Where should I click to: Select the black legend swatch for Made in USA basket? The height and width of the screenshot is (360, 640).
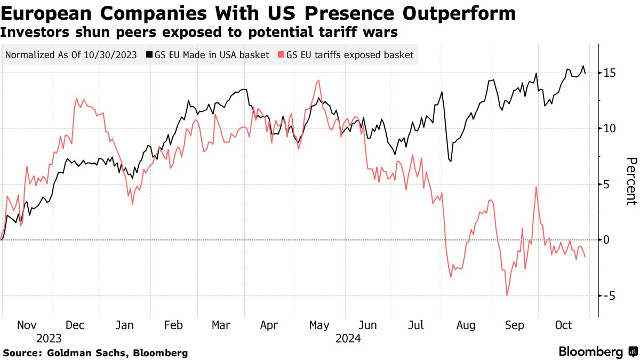point(150,55)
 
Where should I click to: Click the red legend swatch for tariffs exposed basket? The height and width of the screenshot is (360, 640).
point(281,55)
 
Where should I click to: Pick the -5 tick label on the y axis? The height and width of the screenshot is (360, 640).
point(609,296)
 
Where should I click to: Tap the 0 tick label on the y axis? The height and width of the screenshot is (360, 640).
point(606,240)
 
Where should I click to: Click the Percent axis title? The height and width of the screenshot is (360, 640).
point(631,181)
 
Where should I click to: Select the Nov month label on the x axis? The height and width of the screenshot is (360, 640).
point(27,325)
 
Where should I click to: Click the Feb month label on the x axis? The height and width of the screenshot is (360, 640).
point(173,325)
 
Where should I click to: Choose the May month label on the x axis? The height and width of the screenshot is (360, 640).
point(319,325)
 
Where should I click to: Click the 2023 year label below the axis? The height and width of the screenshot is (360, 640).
point(49,338)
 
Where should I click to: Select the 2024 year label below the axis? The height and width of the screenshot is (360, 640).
point(348,338)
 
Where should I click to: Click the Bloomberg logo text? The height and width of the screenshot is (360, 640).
point(590,352)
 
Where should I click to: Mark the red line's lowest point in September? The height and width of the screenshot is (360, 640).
point(507,295)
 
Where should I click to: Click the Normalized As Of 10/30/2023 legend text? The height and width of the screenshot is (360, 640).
point(70,55)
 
